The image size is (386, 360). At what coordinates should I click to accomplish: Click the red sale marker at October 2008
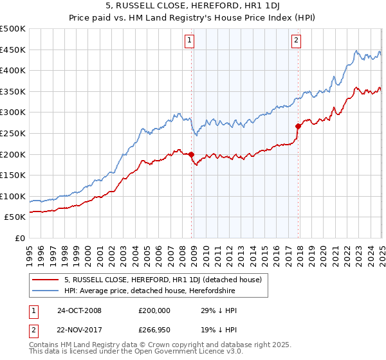coord(192,154)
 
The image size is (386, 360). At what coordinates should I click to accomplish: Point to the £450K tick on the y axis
coord(14,50)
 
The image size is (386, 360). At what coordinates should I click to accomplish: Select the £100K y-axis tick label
coord(14,196)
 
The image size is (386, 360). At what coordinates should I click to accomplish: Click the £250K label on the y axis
coord(14,133)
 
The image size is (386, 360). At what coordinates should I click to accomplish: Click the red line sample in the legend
coord(45,280)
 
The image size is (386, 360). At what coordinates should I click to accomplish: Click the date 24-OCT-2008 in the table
coord(79,310)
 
